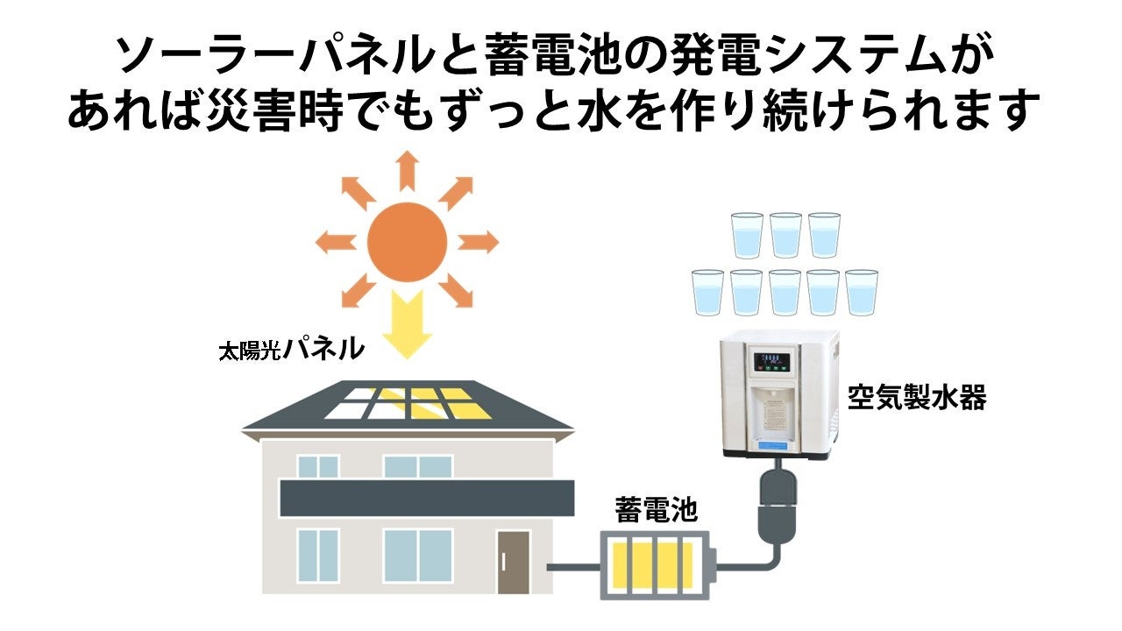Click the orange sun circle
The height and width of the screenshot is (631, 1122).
[407, 241]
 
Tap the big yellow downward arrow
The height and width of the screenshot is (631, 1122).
[407, 326]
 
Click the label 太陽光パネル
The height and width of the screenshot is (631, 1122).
[290, 351]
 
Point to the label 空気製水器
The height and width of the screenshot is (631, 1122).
[917, 398]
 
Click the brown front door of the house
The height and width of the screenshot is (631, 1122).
[514, 562]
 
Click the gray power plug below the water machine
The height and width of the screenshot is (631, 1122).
[775, 503]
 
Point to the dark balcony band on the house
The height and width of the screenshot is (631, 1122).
[426, 497]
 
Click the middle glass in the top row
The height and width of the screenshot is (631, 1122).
[785, 234]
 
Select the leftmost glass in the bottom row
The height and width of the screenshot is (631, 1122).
[707, 293]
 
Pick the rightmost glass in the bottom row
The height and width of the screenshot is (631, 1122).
[862, 293]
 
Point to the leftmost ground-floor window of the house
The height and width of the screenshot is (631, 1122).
[317, 555]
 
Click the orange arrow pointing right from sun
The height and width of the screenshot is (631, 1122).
[479, 241]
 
